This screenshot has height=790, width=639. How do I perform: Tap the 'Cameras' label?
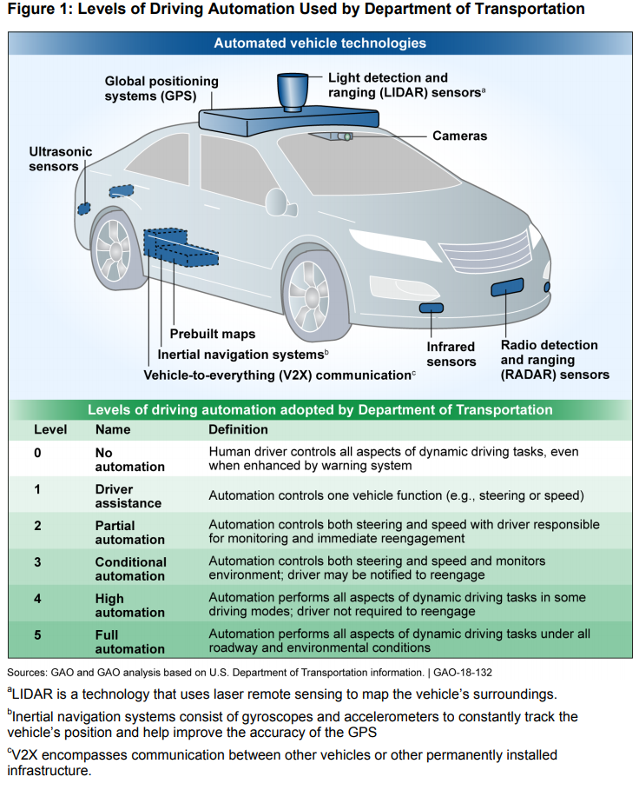(x=459, y=136)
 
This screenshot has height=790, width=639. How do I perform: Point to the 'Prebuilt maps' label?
(x=212, y=334)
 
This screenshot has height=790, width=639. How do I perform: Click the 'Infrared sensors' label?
(x=451, y=355)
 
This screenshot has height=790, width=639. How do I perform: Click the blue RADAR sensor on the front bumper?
(x=507, y=287)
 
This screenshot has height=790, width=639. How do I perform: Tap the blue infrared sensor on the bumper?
(x=431, y=308)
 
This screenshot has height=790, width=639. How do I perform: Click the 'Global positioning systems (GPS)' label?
(x=161, y=89)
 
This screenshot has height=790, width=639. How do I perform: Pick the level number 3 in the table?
(x=37, y=561)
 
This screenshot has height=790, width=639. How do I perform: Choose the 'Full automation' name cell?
(x=129, y=641)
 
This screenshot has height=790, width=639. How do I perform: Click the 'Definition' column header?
(x=238, y=429)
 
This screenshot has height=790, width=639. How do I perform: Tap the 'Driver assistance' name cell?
(x=128, y=496)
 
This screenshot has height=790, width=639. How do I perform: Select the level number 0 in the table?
(x=37, y=452)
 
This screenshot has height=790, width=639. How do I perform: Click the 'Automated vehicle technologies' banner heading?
(x=319, y=43)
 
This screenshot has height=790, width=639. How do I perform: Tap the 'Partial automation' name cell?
(x=129, y=532)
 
